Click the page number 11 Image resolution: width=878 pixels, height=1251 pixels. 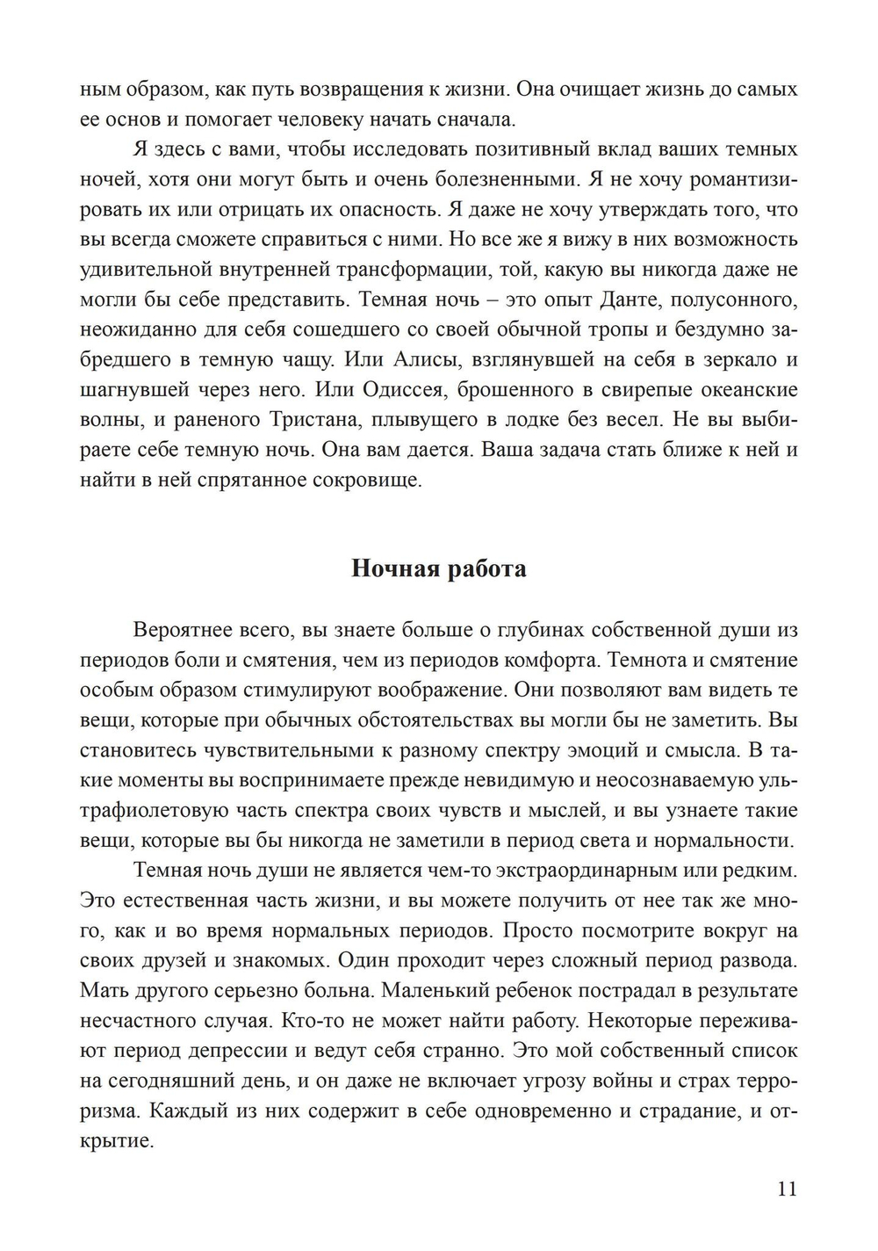[x=787, y=1189]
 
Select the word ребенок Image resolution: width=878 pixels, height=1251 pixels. [x=525, y=991]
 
